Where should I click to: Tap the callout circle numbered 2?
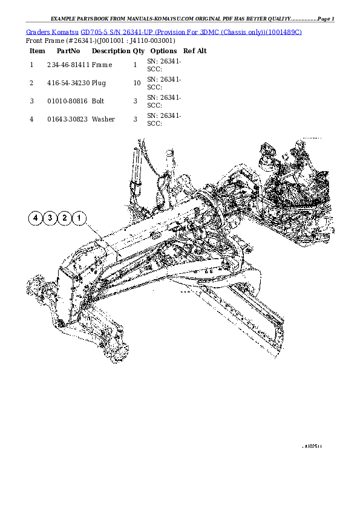65,218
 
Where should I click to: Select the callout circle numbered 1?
79,218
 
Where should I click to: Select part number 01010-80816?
68,101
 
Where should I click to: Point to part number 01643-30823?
68,120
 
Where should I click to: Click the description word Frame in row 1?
102,63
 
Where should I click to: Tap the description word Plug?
99,82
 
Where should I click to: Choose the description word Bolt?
98,101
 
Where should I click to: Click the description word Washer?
103,120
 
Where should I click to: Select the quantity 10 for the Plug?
137,82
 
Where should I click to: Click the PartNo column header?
68,51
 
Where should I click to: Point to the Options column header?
163,51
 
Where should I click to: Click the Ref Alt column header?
195,51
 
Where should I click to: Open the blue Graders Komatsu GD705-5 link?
164,31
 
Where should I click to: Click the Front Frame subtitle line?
100,41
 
